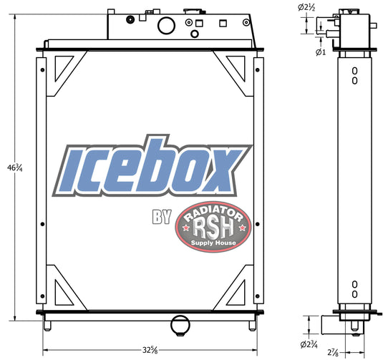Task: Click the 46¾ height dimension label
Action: (15, 167)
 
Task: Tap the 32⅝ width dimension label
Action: (150, 350)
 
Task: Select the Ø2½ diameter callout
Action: (306, 8)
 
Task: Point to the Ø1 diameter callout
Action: (321, 52)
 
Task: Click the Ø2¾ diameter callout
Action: (309, 344)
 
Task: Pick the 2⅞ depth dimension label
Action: (333, 352)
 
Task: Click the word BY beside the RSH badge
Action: (162, 216)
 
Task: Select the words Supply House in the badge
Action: (213, 243)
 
